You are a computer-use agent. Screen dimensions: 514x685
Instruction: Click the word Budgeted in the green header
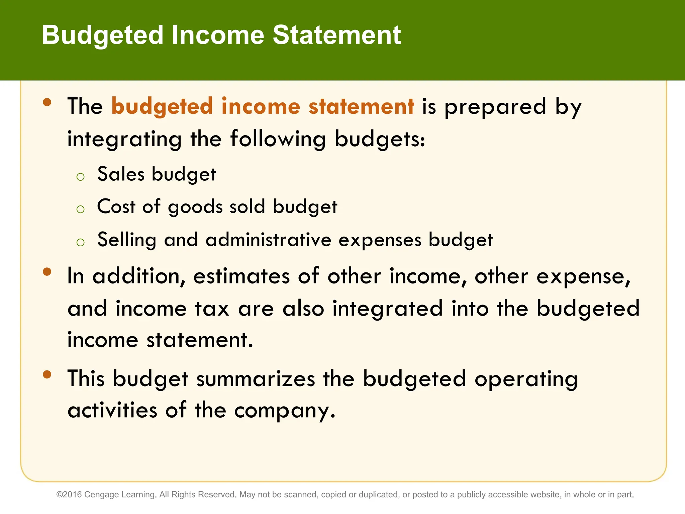pyautogui.click(x=102, y=35)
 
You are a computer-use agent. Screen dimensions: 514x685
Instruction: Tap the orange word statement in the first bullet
pyautogui.click(x=361, y=106)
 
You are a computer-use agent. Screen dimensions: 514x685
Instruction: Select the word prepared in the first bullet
pyautogui.click(x=495, y=108)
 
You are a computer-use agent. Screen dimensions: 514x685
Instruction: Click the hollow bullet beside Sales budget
pyautogui.click(x=80, y=177)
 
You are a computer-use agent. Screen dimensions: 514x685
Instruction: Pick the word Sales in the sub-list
pyautogui.click(x=121, y=174)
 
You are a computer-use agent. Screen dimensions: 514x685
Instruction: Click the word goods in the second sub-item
pyautogui.click(x=195, y=207)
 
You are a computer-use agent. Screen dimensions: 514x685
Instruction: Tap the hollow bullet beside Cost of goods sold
pyautogui.click(x=80, y=209)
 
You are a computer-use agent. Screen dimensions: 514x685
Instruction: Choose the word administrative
pyautogui.click(x=268, y=240)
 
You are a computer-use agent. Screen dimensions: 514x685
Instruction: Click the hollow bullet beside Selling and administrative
pyautogui.click(x=80, y=242)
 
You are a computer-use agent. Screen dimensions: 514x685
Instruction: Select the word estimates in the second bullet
pyautogui.click(x=241, y=276)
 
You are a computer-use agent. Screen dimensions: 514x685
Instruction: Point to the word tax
pyautogui.click(x=212, y=309)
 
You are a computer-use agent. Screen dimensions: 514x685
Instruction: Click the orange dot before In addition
pyautogui.click(x=47, y=272)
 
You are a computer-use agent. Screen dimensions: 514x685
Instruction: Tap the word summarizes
pyautogui.click(x=256, y=379)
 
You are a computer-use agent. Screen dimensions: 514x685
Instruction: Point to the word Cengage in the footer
pyautogui.click(x=98, y=495)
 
